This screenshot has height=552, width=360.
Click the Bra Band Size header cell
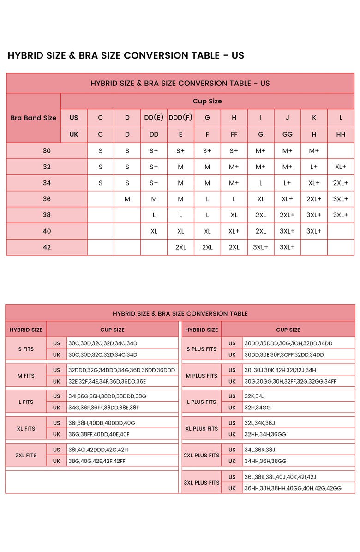point(33,118)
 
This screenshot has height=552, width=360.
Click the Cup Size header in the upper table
point(207,101)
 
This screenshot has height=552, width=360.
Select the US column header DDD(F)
point(180,117)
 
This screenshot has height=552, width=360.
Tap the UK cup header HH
point(341,134)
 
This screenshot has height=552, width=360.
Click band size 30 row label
point(47,150)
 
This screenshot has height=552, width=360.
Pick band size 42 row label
point(47,247)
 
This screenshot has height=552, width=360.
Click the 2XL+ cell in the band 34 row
point(341,183)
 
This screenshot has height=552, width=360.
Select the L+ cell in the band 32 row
point(314,167)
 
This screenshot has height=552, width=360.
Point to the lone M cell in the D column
point(127,199)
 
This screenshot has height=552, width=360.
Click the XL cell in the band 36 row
point(261,199)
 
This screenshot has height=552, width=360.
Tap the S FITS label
point(26,349)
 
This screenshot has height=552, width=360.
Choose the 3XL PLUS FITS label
point(201,483)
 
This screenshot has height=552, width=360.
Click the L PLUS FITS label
point(201,402)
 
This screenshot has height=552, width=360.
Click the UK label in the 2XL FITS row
point(56,461)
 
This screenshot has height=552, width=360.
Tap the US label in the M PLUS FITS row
point(232,370)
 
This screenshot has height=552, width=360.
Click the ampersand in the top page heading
point(72,56)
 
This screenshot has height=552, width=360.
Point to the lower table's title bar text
point(180,313)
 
